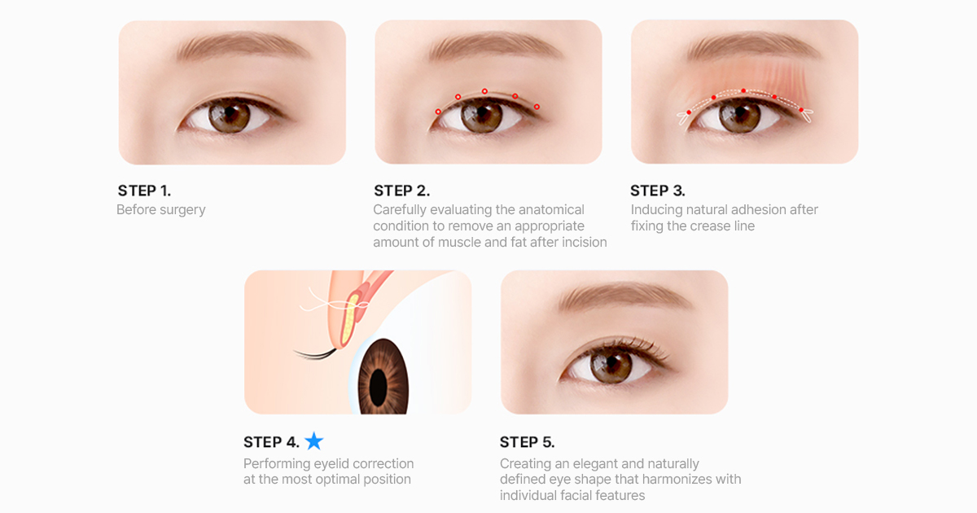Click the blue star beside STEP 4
click(314, 441)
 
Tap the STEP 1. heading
click(144, 191)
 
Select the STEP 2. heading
click(401, 191)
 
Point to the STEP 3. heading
click(658, 191)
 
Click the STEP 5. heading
click(528, 442)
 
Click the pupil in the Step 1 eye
click(228, 112)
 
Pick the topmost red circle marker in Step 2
click(484, 91)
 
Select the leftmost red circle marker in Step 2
click(438, 112)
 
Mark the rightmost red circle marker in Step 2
click(537, 107)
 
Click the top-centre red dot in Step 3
click(743, 90)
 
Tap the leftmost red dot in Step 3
click(689, 112)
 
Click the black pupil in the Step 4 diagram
click(378, 388)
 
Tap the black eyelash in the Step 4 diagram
click(315, 353)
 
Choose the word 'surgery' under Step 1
click(182, 210)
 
